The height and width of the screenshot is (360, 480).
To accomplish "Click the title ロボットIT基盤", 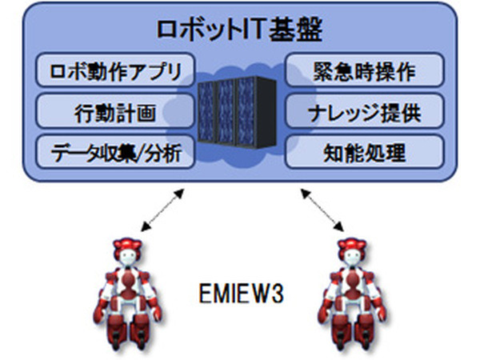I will pos(239,29).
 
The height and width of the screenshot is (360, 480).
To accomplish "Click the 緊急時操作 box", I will pos(364,70).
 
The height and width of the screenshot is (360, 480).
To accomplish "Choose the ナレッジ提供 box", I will pos(364,110).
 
